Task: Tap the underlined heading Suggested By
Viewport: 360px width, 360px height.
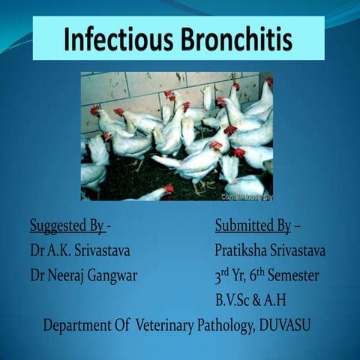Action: tap(67, 226)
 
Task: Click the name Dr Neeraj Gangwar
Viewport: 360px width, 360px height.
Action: tap(83, 275)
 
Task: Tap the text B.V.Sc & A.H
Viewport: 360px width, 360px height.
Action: tap(250, 301)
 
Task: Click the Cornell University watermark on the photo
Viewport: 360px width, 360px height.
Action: tap(247, 196)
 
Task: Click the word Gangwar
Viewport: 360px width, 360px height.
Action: tap(112, 275)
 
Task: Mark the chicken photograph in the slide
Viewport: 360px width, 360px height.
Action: tap(176, 136)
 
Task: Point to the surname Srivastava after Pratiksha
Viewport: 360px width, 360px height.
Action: tap(299, 250)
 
